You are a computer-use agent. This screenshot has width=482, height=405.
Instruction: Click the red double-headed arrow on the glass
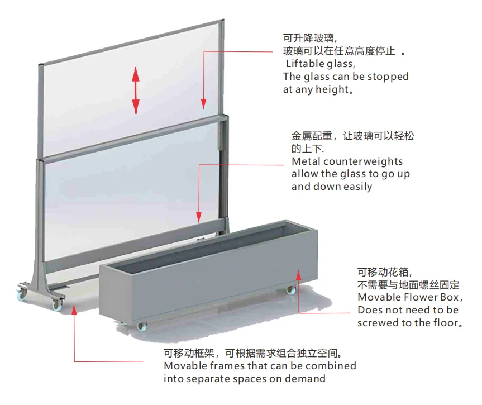point(136,90)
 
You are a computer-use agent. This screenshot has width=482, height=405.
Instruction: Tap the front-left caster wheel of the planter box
point(142,327)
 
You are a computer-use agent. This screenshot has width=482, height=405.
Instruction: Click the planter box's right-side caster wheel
point(290,290)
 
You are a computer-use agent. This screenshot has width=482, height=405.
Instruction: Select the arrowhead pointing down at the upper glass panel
point(203,104)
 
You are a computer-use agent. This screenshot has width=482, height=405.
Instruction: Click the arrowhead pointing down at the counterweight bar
point(199,217)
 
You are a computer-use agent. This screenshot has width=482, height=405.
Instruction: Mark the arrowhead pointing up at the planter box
point(298,275)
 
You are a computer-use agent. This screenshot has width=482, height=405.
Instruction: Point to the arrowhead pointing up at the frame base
point(74,310)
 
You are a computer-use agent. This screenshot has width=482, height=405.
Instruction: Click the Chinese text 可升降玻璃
point(308,38)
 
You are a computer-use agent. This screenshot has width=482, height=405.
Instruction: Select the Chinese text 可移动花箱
point(383,272)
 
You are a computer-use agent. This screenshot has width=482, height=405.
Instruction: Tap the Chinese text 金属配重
point(312,136)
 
